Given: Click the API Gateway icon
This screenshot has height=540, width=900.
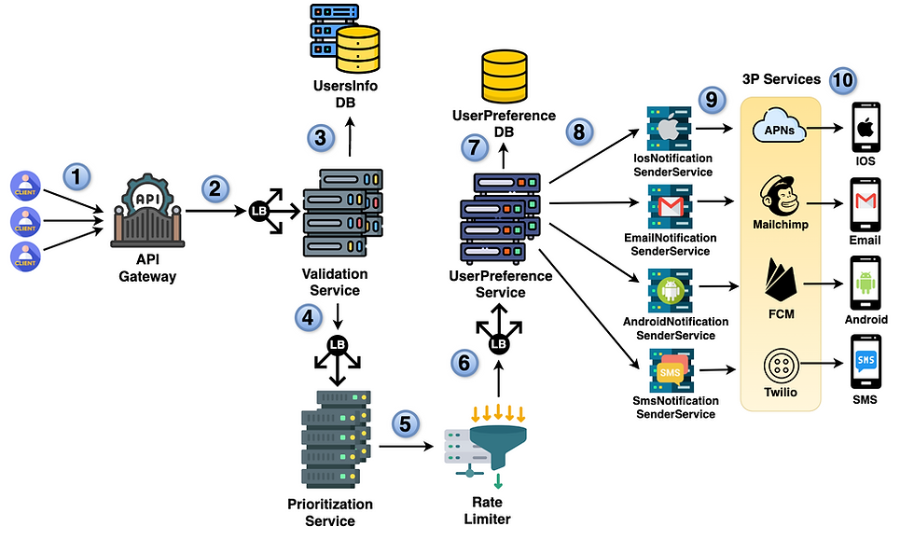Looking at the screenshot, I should point(150,214).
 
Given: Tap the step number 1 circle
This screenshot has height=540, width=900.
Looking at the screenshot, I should point(77,174).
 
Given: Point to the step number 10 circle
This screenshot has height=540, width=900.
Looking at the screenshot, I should point(843,80).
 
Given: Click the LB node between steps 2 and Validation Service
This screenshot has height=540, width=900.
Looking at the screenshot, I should point(260,213).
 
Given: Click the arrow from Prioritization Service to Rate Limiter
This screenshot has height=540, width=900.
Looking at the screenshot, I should point(407,447).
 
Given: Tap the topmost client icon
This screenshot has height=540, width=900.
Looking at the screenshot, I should point(25,185).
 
